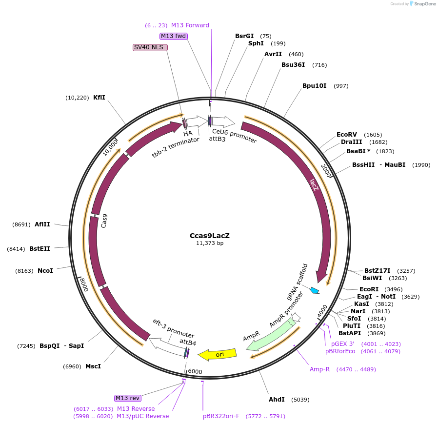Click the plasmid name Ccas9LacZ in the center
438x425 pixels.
[x=209, y=236]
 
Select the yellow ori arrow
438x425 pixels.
[x=220, y=354]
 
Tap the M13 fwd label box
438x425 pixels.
[x=174, y=36]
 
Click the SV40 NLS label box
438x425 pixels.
[x=150, y=47]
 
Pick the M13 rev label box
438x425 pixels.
[x=128, y=398]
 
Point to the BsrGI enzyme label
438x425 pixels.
[x=244, y=36]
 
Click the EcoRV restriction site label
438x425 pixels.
[x=347, y=135]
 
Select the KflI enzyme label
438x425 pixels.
[x=99, y=98]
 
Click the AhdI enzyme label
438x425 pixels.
[x=277, y=400]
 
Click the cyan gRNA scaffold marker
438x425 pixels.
[x=315, y=291]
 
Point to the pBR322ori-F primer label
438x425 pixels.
[x=221, y=416]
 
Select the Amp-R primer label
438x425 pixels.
[x=319, y=369]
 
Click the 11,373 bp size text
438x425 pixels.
[x=210, y=243]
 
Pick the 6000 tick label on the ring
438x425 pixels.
[x=195, y=372]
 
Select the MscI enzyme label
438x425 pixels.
[x=93, y=366]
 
